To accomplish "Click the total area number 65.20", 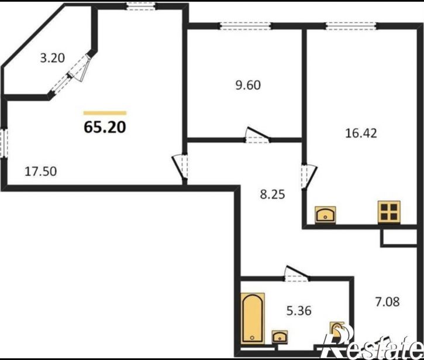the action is [105, 127].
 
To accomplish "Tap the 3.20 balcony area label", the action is [53, 58].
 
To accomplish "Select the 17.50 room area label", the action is [40, 172].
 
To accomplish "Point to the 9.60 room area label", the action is [248, 85].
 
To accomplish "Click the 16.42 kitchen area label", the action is [361, 133].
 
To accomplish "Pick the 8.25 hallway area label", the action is [273, 194].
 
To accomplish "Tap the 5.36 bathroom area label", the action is [299, 310].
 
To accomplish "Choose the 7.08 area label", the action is [387, 301].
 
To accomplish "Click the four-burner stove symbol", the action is [389, 212].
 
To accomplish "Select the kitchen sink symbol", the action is [325, 215].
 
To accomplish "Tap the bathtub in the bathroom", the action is [252, 318].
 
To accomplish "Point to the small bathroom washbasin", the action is [280, 337].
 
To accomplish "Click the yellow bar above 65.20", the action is [105, 113].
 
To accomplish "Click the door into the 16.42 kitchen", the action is [309, 176].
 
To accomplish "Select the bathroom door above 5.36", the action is [297, 274].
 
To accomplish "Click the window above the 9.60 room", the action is [246, 26].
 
